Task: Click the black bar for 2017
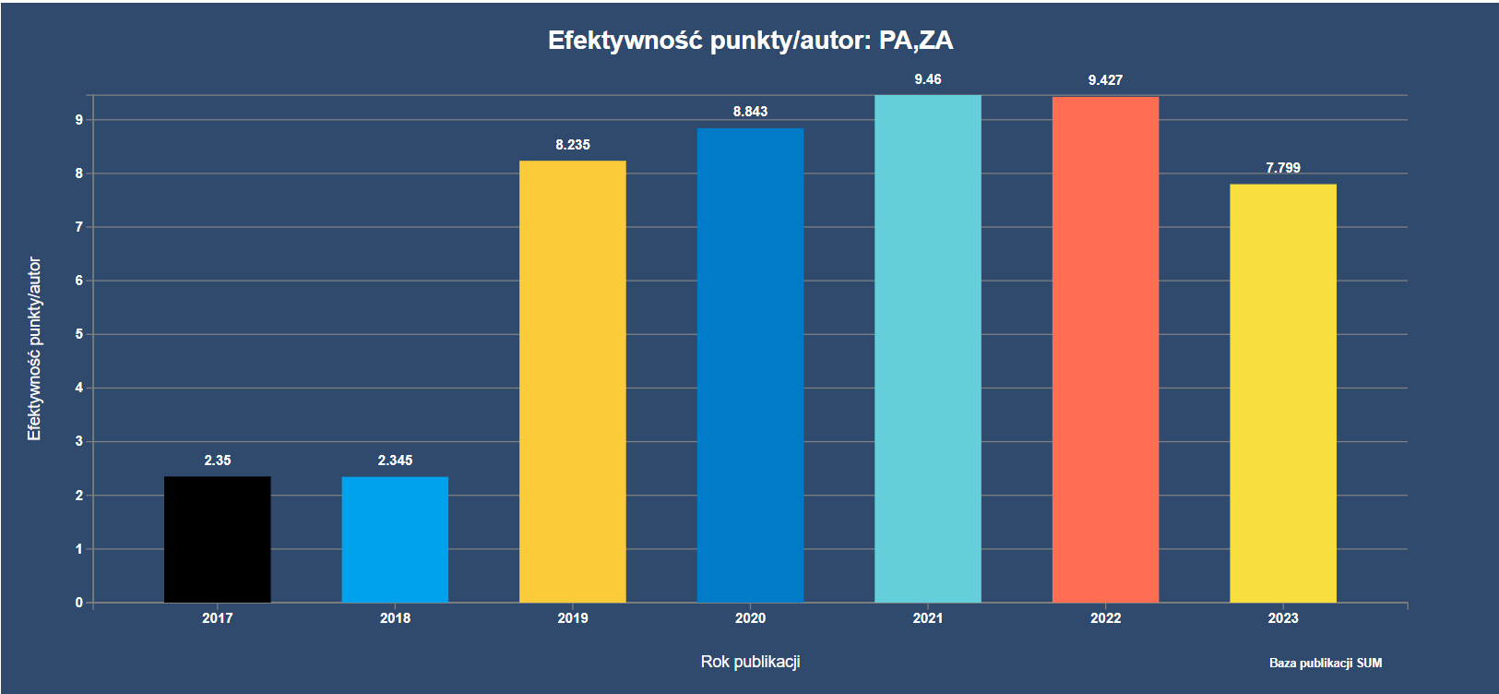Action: click(x=218, y=539)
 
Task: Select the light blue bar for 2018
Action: click(x=395, y=539)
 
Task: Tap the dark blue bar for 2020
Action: click(x=750, y=365)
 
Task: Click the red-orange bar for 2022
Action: click(x=1105, y=350)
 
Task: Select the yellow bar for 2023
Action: click(x=1282, y=393)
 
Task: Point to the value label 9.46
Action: click(x=928, y=79)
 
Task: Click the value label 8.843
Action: click(x=750, y=112)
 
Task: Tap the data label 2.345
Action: click(x=395, y=461)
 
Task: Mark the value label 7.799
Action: click(x=1283, y=168)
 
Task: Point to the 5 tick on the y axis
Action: click(x=79, y=334)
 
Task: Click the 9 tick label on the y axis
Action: click(x=79, y=120)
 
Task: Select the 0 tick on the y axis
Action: click(x=79, y=603)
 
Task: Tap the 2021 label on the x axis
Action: click(x=928, y=618)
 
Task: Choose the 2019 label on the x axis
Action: click(x=572, y=618)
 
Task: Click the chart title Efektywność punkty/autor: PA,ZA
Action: click(x=750, y=41)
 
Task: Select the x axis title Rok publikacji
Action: click(x=750, y=662)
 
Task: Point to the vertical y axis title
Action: click(x=34, y=349)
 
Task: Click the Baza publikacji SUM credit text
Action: click(x=1326, y=663)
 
